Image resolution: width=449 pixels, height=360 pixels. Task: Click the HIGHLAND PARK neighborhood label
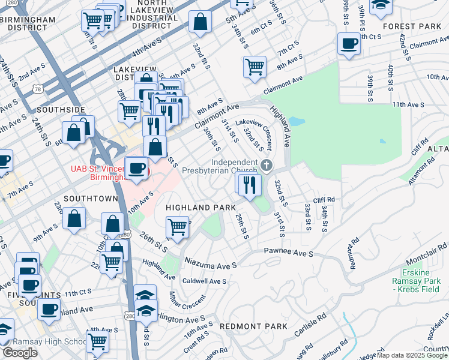pyautogui.click(x=200, y=208)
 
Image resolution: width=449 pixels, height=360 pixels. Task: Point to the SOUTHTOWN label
pyautogui.click(x=90, y=198)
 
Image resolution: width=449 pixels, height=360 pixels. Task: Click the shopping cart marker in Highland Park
pyautogui.click(x=177, y=227)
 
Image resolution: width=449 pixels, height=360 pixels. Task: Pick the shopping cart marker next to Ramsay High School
pyautogui.click(x=97, y=342)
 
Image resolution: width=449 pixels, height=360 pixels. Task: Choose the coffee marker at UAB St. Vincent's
pyautogui.click(x=136, y=169)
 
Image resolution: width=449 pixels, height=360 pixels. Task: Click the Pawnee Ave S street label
pyautogui.click(x=288, y=254)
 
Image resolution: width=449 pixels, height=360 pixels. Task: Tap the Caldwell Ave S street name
pyautogui.click(x=204, y=281)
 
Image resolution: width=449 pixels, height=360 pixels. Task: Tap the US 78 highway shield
pyautogui.click(x=38, y=89)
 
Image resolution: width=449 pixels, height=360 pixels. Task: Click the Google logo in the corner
pyautogui.click(x=20, y=353)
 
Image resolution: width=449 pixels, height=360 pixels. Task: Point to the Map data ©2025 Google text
pyautogui.click(x=411, y=355)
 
